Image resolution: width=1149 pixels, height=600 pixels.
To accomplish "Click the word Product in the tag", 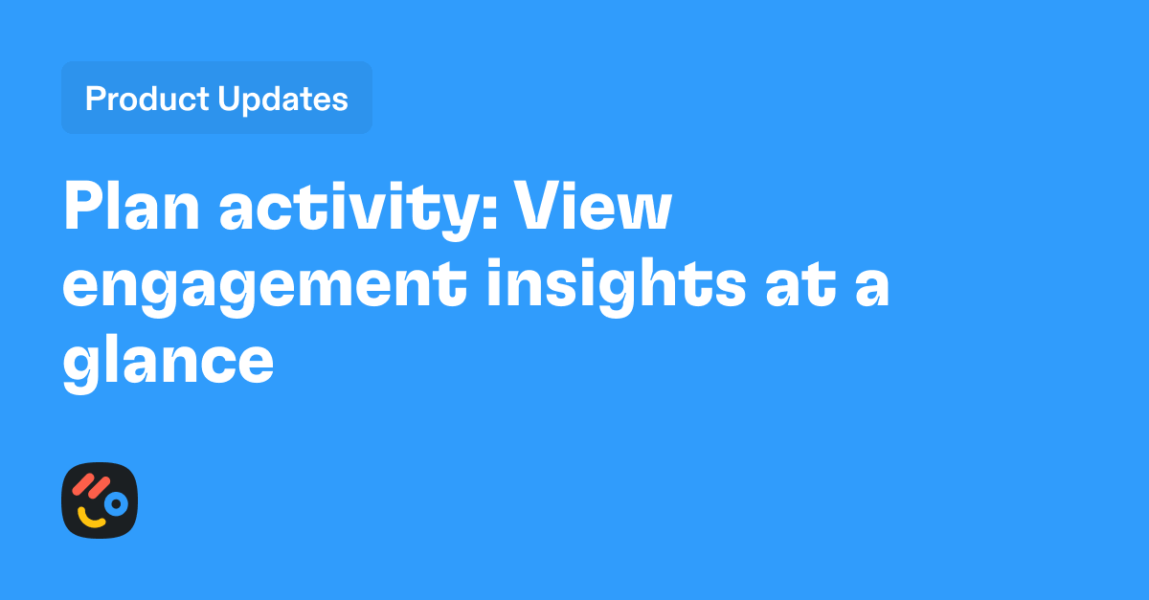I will click(147, 99).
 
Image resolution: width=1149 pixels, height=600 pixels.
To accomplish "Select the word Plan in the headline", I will click(132, 208).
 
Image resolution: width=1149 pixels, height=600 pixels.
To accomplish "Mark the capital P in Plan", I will click(83, 208).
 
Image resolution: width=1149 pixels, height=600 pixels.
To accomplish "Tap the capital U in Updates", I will click(231, 99).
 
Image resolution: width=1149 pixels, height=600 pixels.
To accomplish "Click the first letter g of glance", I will click(82, 368).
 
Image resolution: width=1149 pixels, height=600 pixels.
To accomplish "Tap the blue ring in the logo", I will click(116, 503).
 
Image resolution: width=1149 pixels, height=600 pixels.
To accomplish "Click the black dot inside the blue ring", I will click(116, 503).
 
